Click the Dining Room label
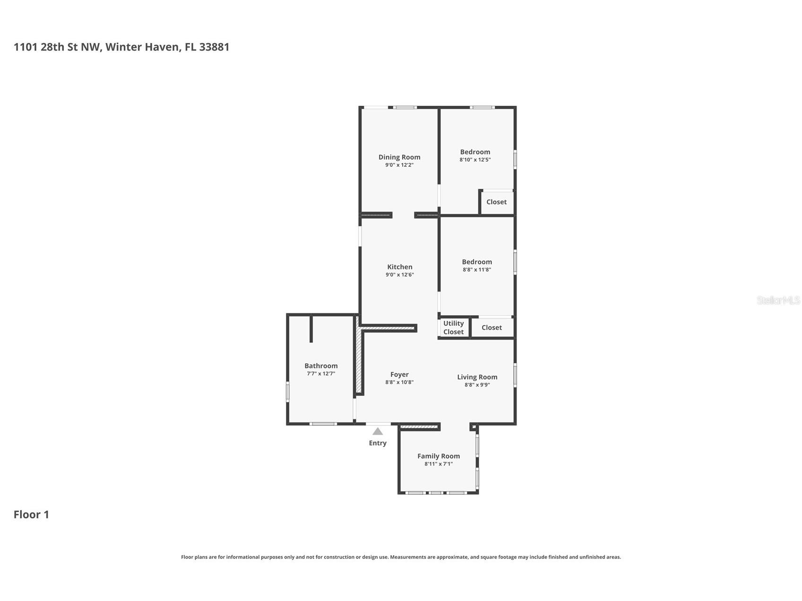399,157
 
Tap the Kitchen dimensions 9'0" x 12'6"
400,275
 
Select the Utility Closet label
454,327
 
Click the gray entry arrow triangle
378,431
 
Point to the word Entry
378,443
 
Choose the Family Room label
439,456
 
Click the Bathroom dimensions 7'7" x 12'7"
321,373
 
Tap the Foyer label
399,375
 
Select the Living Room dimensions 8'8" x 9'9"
477,385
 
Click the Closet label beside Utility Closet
492,327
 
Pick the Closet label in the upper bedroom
496,202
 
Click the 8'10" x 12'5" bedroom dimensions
475,160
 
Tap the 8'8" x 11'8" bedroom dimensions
477,270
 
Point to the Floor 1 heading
31,515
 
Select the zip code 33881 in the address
214,47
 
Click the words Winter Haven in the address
142,47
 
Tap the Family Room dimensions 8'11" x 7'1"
439,464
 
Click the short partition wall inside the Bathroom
311,328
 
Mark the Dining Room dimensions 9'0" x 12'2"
399,165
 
